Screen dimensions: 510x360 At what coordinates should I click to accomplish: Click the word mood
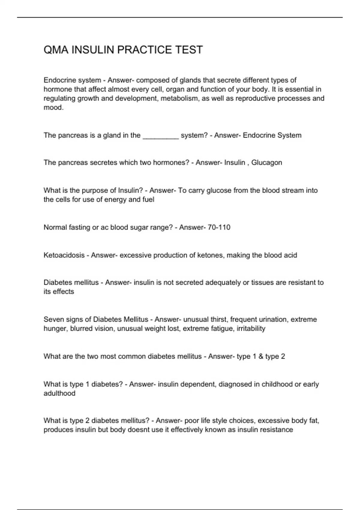(53, 107)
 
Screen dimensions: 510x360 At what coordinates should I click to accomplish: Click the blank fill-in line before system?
(161, 136)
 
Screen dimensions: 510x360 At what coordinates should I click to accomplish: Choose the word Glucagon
(266, 163)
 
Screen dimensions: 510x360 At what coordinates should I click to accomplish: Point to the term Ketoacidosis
(64, 255)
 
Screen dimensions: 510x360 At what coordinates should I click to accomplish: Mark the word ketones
(210, 255)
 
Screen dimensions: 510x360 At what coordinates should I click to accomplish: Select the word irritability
(251, 328)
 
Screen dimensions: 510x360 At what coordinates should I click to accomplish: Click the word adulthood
(59, 393)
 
